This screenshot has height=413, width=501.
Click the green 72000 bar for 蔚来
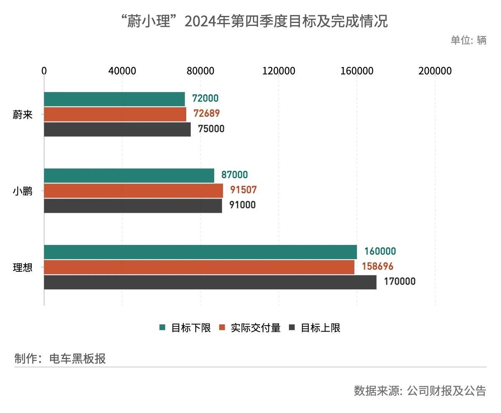(x=114, y=99)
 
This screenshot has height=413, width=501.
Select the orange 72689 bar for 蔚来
(x=115, y=114)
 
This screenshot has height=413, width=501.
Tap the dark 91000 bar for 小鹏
(x=133, y=206)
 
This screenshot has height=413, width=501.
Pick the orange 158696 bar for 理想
(x=199, y=267)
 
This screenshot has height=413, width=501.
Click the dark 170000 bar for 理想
(x=210, y=282)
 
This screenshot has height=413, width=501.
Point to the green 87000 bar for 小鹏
(x=129, y=176)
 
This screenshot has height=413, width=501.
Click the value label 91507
(x=243, y=190)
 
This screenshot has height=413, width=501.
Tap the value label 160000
(x=380, y=252)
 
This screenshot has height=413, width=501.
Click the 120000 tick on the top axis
(x=279, y=71)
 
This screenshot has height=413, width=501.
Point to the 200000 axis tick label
(x=435, y=71)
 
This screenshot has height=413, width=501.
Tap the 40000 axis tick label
(x=122, y=71)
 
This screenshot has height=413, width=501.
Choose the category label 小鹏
(x=23, y=191)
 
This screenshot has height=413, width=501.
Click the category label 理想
(x=23, y=268)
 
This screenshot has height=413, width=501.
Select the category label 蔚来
(x=23, y=115)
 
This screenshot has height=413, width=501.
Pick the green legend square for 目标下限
(x=163, y=328)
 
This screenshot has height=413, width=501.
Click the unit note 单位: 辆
(x=468, y=41)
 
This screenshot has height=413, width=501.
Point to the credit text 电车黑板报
(x=78, y=359)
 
